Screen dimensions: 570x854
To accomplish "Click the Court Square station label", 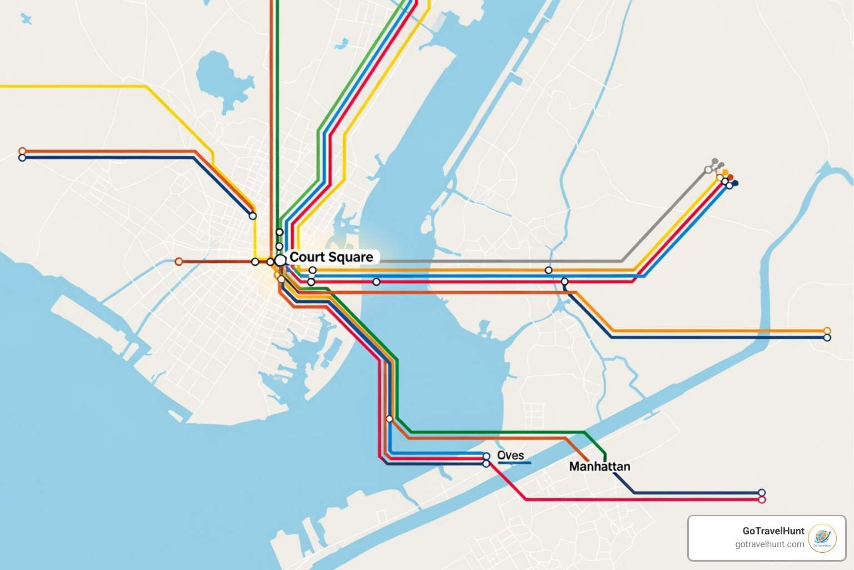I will tap(331, 257).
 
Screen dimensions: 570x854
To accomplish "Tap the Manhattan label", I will tap(599, 466).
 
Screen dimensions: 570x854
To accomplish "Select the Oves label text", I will tap(510, 455).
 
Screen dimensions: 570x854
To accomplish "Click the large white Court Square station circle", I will tap(281, 259).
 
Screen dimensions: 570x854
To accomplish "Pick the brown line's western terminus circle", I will tap(178, 262).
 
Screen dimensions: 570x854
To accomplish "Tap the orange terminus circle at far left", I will tap(22, 151).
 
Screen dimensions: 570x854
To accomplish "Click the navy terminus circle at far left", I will tap(22, 158).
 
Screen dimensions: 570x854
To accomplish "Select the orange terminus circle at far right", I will tap(827, 331).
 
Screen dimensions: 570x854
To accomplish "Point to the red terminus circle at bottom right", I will tap(762, 500).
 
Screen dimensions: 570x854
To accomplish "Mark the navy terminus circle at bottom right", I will tap(762, 493).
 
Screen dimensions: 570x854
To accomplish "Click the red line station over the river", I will tap(376, 282).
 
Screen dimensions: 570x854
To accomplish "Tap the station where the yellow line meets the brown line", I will tap(255, 262).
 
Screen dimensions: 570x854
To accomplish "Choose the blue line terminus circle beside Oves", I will tap(486, 456).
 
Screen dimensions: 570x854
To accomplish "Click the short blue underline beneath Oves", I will tap(514, 463).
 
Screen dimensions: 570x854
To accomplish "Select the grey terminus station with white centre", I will tap(708, 170).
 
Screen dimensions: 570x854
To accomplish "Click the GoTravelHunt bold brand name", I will tap(773, 531).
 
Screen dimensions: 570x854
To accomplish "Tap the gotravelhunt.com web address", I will tap(769, 544).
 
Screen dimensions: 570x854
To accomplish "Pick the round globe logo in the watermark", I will tap(822, 538).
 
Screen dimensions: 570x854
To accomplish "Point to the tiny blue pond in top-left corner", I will tap(26, 19).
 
